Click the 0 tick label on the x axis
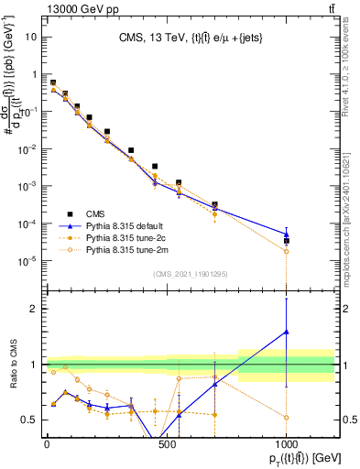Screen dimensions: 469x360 (x=47, y=445)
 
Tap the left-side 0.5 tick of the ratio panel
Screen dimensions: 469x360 (x=31, y=420)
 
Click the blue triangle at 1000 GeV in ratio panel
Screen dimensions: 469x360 (x=287, y=332)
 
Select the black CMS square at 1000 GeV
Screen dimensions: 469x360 (x=287, y=241)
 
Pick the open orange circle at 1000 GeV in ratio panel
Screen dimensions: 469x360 (x=287, y=417)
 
